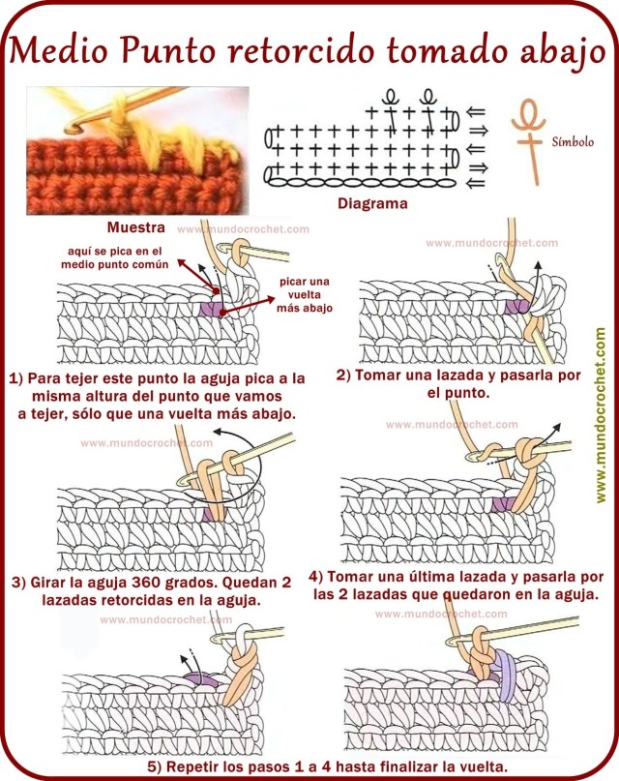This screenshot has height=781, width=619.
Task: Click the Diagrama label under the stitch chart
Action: coord(372,204)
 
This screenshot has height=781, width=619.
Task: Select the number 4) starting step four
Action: coord(316,576)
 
